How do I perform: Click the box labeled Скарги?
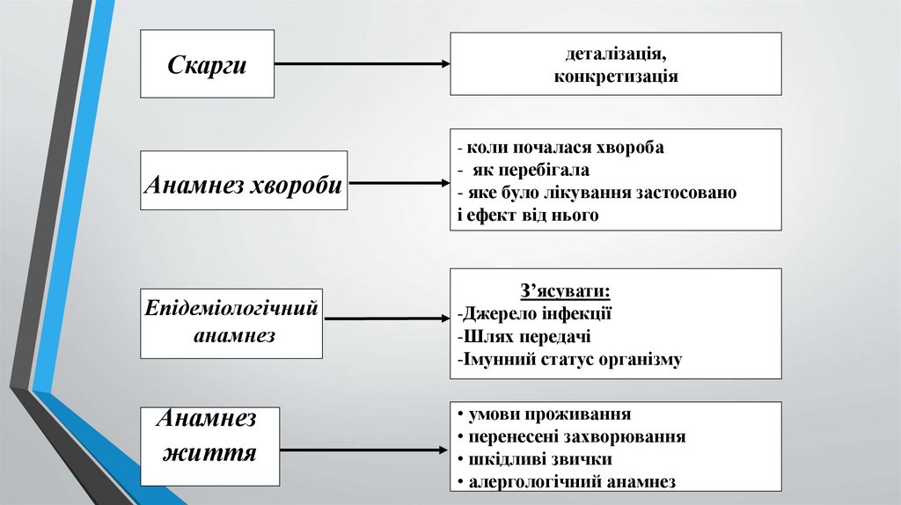[x=207, y=63]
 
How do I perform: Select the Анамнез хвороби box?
[x=244, y=185]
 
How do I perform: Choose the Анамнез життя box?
[x=209, y=445]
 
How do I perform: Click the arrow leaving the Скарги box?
[x=362, y=64]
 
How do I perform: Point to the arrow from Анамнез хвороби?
[x=398, y=184]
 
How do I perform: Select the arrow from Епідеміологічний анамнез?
[x=388, y=318]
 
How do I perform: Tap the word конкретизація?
[x=615, y=76]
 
